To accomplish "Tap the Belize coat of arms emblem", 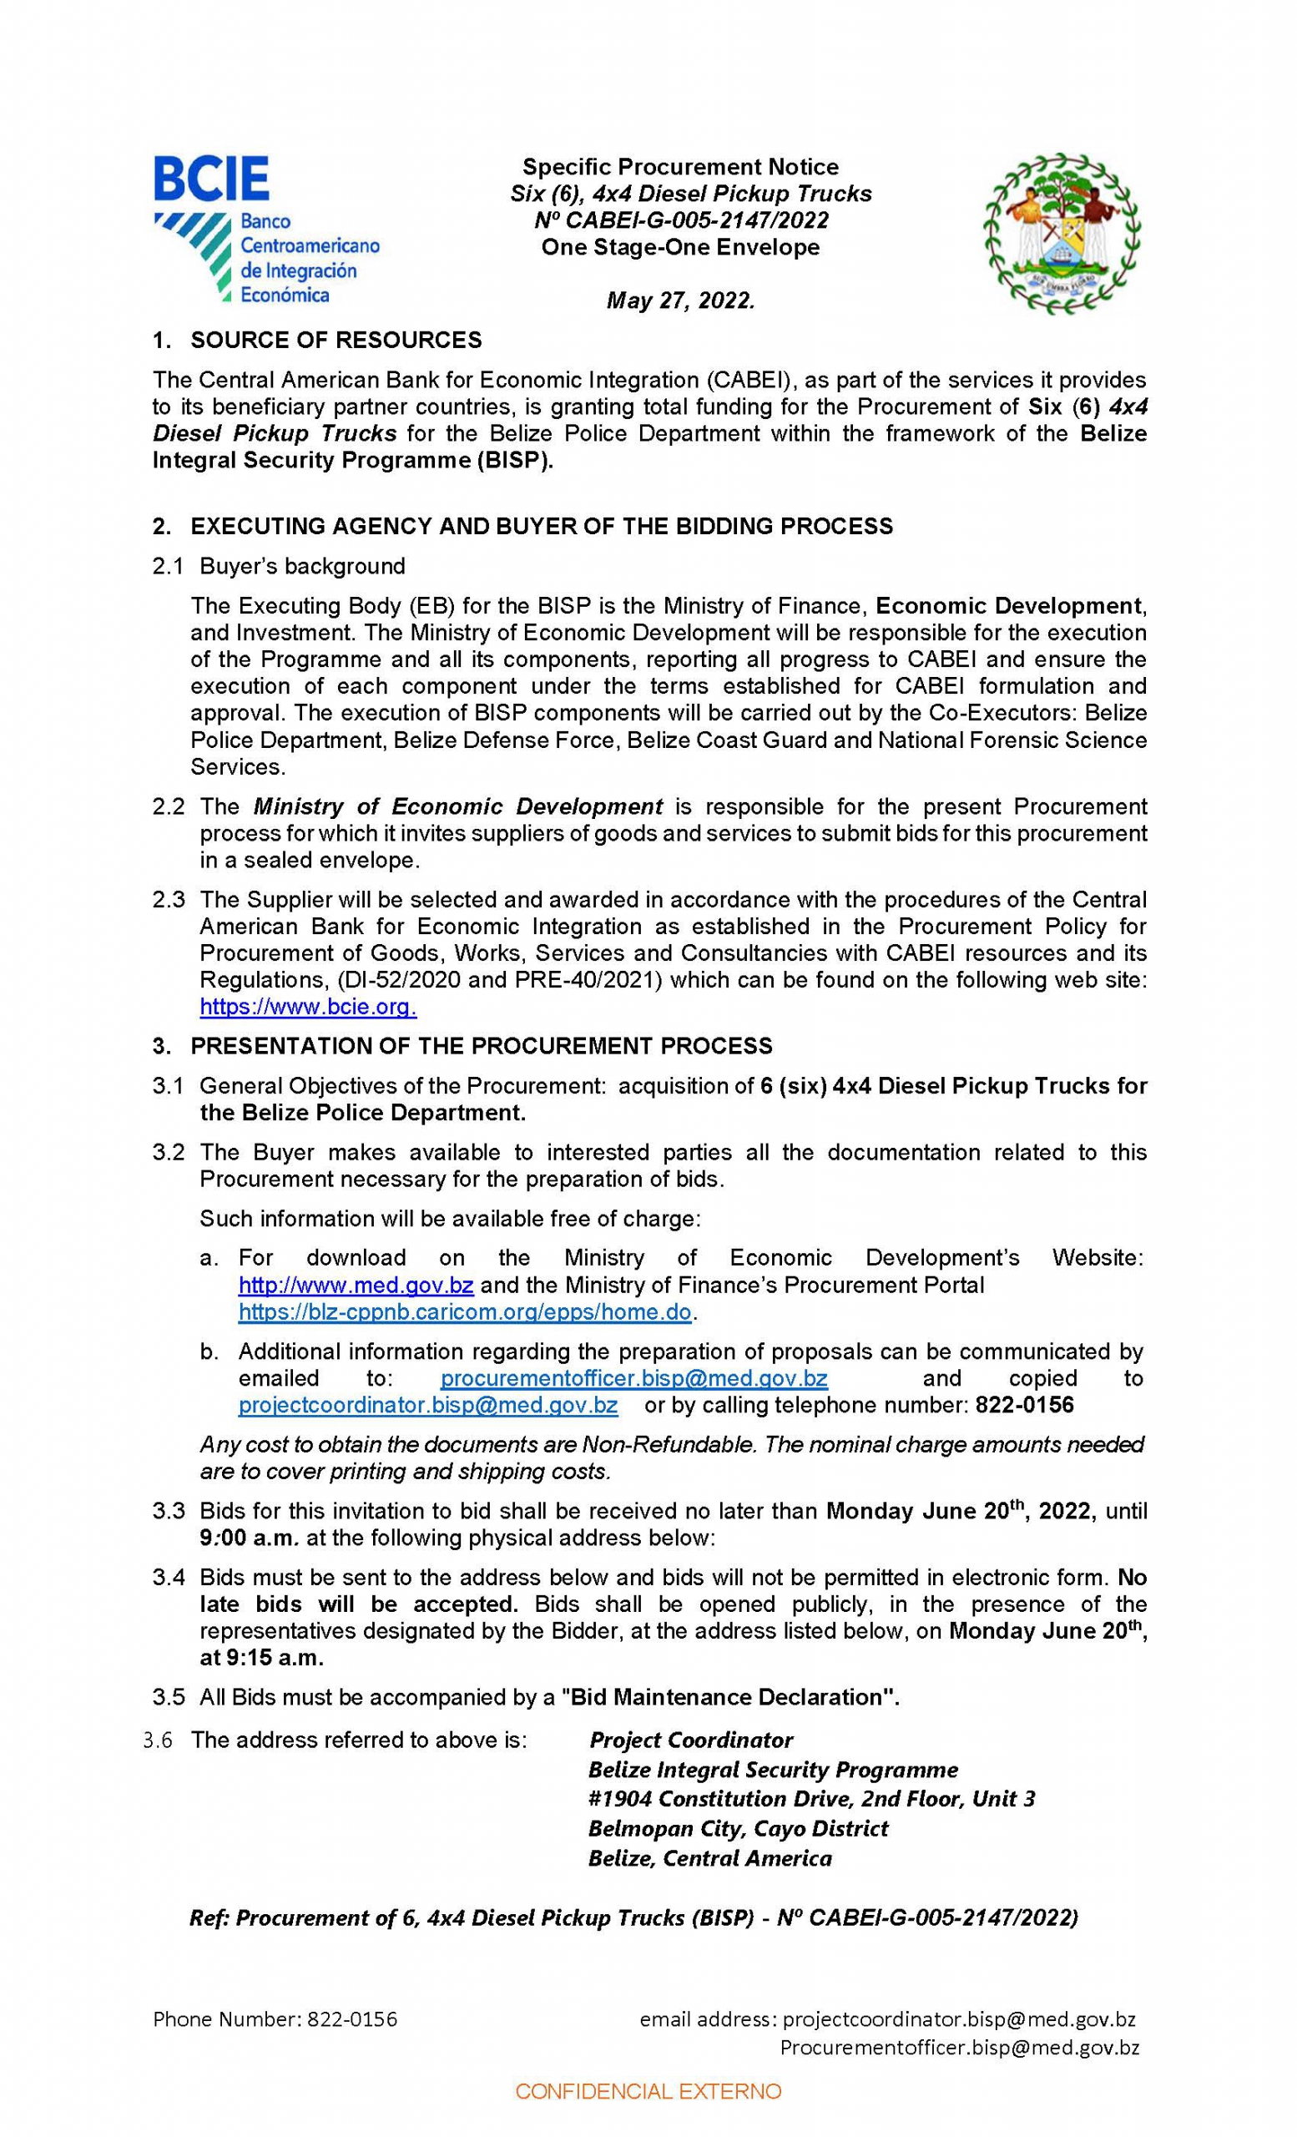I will [1061, 235].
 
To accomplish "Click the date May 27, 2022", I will [680, 301].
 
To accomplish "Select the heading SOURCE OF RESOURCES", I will [336, 340].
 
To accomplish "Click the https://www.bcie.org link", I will [308, 1007].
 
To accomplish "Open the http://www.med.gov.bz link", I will [356, 1285].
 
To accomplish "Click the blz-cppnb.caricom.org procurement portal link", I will [465, 1311].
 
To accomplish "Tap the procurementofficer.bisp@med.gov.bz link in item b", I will [633, 1378].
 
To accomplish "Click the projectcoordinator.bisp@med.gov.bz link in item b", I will [428, 1405].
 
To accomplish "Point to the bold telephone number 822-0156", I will [1024, 1405].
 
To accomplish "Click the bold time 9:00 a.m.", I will [250, 1538].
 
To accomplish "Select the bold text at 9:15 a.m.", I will [261, 1657].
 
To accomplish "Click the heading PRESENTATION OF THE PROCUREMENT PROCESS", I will [482, 1046].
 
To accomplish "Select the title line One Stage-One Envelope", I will [680, 247].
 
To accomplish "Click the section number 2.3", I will [169, 899].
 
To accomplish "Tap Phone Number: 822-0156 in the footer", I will [275, 2019].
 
